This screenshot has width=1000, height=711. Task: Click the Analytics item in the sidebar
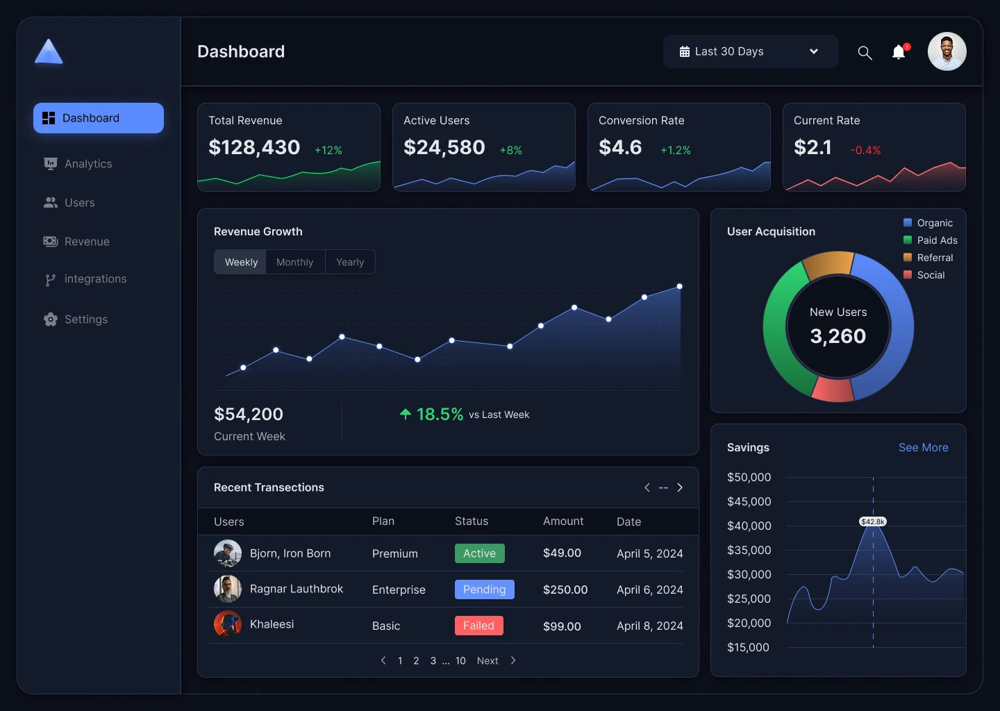point(87,164)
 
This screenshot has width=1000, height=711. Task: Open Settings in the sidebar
point(85,319)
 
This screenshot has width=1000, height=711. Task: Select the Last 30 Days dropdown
point(750,51)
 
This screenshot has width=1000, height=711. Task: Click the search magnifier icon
point(865,53)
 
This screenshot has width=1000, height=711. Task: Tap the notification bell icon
point(899,52)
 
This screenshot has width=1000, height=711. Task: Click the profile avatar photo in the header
point(947,51)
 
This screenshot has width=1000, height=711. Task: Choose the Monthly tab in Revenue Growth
point(294,262)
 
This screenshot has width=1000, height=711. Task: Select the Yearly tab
point(350,262)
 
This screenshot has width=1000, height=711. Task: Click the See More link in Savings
point(923,448)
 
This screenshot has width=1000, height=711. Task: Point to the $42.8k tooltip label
point(873,521)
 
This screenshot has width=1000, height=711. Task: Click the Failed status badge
point(478,626)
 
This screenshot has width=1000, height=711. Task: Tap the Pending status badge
point(484,589)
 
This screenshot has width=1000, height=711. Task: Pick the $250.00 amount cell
point(565,589)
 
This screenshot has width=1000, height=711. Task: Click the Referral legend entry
point(934,258)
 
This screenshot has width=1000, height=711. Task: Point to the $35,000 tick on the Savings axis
point(749,550)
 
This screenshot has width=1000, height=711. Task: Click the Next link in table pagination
point(487,661)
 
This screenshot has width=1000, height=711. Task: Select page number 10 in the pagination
point(460,661)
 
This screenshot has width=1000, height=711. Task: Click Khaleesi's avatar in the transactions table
point(228,624)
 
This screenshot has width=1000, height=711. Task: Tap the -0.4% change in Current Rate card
point(865,151)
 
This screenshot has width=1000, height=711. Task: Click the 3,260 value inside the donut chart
point(837,336)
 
